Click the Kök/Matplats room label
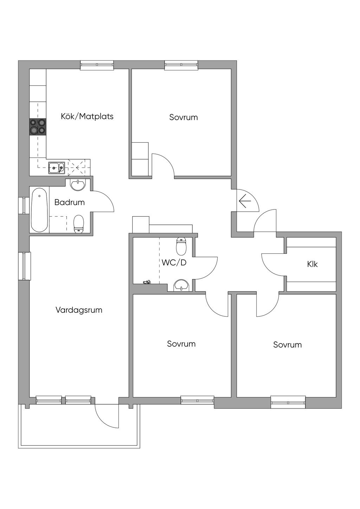click(87, 117)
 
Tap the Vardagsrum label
click(79, 310)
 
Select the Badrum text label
click(70, 202)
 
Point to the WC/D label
click(174, 263)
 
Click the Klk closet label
click(312, 264)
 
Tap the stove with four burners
click(38, 127)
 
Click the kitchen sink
click(56, 168)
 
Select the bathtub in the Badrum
click(39, 210)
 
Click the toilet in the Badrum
click(79, 224)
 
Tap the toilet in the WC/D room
click(181, 246)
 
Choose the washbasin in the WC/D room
click(181, 285)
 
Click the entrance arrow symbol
click(245, 201)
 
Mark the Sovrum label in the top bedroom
click(184, 117)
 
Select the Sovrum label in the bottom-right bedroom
click(288, 345)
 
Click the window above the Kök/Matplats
click(97, 65)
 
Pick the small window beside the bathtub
click(24, 206)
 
